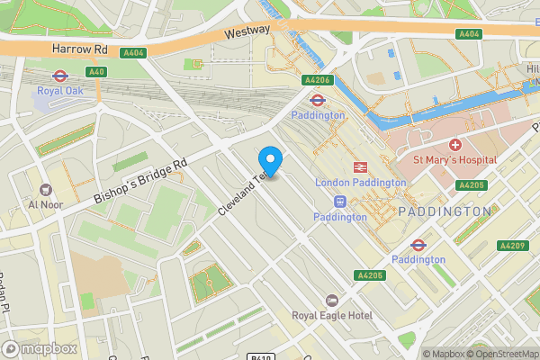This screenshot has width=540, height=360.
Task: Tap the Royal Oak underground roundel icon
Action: point(60,76)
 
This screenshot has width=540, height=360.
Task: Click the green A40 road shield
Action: point(96,71)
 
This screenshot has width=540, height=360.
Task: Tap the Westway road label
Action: point(247,31)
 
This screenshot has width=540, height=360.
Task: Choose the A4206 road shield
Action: point(319,79)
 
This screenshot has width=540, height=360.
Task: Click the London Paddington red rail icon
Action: point(360,166)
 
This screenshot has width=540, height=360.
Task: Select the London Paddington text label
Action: point(360,182)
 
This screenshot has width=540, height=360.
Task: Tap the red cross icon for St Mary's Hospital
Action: point(454,145)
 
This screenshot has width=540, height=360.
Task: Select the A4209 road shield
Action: point(511,246)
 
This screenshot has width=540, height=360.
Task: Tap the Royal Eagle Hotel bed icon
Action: point(331,300)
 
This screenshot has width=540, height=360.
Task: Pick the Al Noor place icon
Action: point(44,189)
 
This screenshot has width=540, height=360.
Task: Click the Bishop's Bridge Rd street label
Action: point(140,180)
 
